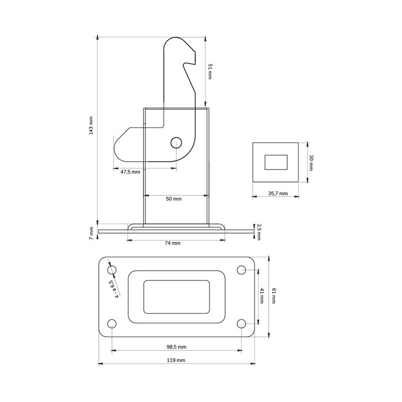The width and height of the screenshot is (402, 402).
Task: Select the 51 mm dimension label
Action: (x=210, y=71)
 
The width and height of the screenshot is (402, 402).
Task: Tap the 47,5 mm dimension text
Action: (x=130, y=172)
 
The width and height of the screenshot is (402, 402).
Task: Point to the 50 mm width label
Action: (x=173, y=199)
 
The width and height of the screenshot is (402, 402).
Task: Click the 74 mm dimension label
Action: (x=172, y=243)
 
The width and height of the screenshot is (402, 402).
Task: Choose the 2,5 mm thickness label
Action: (x=259, y=231)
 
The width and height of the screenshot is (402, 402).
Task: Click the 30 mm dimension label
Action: (x=311, y=162)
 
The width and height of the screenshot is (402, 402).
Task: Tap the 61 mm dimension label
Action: (x=275, y=297)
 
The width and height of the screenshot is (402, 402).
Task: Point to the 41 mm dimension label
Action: (x=261, y=297)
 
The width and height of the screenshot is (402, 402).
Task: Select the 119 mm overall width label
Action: (x=176, y=361)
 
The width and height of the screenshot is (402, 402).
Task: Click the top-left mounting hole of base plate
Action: (x=112, y=269)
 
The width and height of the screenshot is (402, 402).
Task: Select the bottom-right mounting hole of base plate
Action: (x=241, y=324)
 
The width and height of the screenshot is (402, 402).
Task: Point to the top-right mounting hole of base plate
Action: (x=241, y=269)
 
